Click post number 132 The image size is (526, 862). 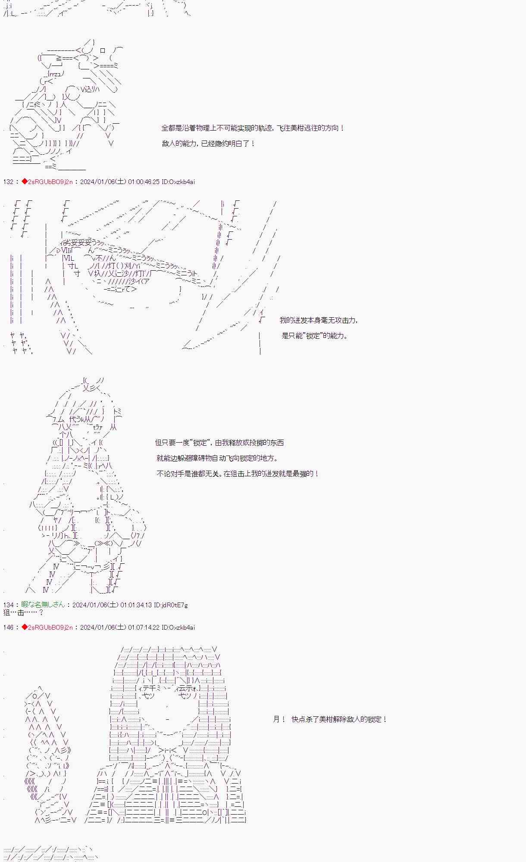click(x=8, y=182)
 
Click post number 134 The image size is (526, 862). click(x=8, y=605)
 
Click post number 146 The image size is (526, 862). click(x=8, y=628)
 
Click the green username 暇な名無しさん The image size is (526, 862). click(x=43, y=605)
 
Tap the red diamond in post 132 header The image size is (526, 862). click(x=25, y=182)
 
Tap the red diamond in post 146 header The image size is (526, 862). click(x=25, y=628)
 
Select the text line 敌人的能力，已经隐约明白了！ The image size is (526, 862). click(x=209, y=144)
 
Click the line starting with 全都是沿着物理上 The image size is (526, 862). click(x=253, y=128)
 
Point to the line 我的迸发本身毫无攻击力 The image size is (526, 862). click(x=319, y=320)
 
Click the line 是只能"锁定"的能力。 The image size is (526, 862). click(x=315, y=336)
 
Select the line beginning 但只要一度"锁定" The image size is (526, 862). click(x=219, y=443)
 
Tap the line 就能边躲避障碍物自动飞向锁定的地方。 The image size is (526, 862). click(x=217, y=458)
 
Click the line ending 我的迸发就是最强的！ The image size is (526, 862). click(x=238, y=474)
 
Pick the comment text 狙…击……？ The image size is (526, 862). click(x=23, y=612)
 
